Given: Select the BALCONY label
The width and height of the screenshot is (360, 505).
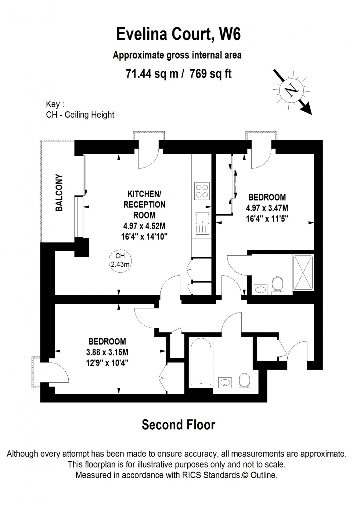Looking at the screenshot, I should tap(59, 192).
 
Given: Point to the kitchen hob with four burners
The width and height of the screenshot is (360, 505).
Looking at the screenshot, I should tap(201, 191).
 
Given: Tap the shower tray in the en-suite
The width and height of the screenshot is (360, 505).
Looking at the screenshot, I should tap(303, 273).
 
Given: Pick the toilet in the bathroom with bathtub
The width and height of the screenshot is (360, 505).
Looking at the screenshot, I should tap(244, 380).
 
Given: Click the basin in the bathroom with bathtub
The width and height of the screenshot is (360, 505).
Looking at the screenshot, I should tap(224, 382).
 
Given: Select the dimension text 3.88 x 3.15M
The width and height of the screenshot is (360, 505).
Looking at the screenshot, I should tap(107, 352).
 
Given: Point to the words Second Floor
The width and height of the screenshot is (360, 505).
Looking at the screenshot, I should tap(179, 425).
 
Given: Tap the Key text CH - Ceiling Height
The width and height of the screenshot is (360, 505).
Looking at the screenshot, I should tap(80, 115).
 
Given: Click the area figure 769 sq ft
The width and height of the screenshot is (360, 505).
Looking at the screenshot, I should tap(210, 74).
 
